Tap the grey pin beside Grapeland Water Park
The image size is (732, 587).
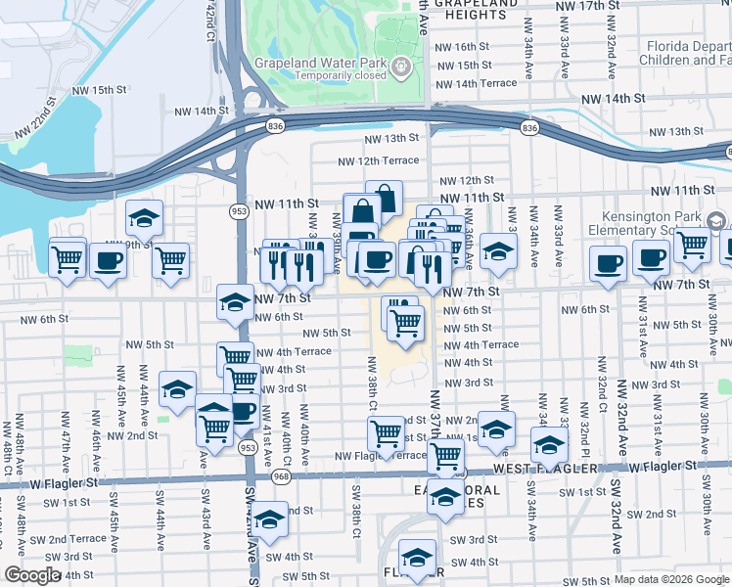click(x=401, y=67)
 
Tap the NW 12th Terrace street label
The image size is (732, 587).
click(x=378, y=160)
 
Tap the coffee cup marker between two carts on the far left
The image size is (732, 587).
click(x=108, y=261)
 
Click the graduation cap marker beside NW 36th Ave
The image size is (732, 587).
click(x=498, y=252)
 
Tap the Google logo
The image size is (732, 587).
click(x=32, y=575)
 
